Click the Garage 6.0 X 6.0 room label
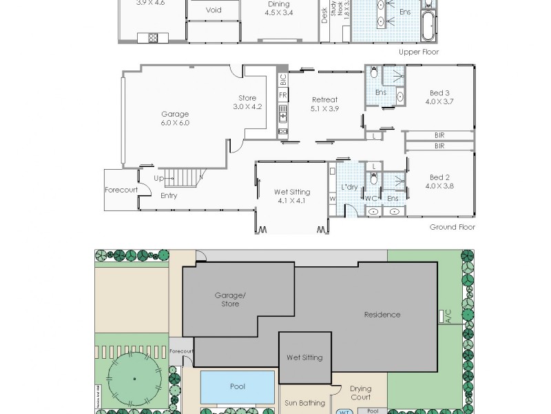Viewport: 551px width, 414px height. click(x=175, y=119)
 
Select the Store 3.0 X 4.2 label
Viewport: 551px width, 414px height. click(x=247, y=102)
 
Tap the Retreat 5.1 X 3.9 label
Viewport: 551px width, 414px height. click(x=324, y=104)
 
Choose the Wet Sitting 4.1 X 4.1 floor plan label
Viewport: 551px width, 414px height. click(x=292, y=196)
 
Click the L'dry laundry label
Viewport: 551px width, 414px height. click(x=349, y=188)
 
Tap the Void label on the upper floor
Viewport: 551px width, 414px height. click(x=214, y=10)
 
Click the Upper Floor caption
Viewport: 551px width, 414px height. click(x=419, y=52)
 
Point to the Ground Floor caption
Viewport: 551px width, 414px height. click(x=453, y=227)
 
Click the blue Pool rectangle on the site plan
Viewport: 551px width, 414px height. click(x=237, y=386)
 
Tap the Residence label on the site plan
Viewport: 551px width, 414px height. click(x=382, y=315)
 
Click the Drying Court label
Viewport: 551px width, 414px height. click(x=360, y=393)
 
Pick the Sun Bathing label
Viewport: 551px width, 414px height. click(x=305, y=402)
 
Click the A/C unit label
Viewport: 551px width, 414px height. click(x=447, y=317)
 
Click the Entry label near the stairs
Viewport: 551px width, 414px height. click(x=169, y=195)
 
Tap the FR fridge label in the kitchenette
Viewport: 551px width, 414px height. click(x=283, y=95)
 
